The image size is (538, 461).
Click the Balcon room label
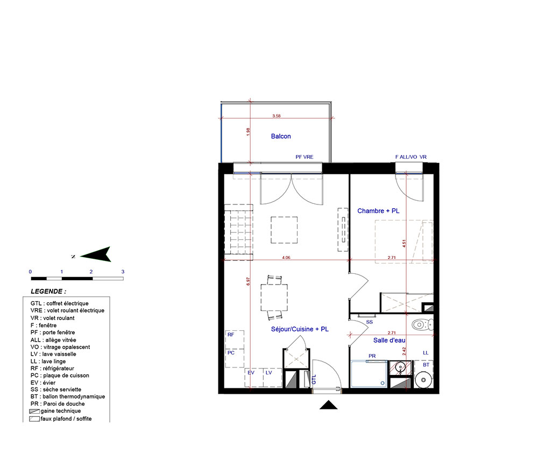(281, 136)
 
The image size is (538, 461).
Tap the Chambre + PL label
(378, 211)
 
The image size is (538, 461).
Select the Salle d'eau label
(389, 341)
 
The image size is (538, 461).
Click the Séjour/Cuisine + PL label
(300, 329)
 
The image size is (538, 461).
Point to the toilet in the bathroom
(422, 324)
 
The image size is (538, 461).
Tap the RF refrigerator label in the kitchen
(231, 335)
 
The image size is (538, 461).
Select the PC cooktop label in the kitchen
(231, 353)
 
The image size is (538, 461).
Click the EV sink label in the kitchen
(251, 372)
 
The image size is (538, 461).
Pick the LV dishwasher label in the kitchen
(268, 372)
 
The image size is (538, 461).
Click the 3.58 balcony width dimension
(276, 116)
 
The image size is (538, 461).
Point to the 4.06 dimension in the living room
(286, 258)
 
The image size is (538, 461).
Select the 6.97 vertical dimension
(248, 281)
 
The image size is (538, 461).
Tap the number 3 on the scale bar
(123, 272)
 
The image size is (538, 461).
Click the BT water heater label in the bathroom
(426, 365)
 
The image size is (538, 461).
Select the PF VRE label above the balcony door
(305, 157)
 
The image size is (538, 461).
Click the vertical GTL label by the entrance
(314, 379)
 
